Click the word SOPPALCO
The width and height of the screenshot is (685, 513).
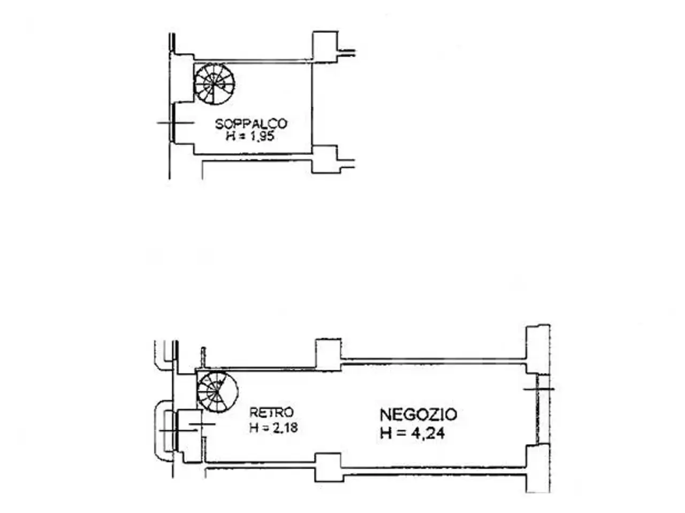251,124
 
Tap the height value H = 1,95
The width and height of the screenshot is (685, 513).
250,136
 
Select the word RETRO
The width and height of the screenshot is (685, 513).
271,413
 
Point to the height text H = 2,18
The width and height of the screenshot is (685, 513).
273,428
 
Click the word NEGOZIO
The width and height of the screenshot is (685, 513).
418,415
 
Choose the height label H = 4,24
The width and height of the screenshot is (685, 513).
412,433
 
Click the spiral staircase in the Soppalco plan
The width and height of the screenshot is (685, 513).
214,84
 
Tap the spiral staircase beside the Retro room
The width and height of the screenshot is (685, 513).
217,392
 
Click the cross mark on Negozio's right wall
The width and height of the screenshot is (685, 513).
539,389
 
